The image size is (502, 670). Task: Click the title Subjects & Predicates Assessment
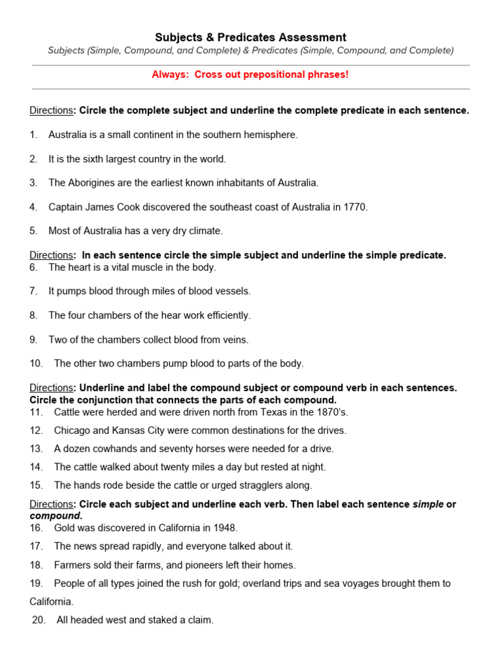[250, 37]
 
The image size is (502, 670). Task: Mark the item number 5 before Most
[33, 231]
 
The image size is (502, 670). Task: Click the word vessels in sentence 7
[235, 291]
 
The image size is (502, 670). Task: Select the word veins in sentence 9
[236, 340]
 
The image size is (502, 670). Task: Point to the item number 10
[36, 364]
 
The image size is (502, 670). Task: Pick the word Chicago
[73, 431]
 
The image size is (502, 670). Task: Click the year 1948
[224, 528]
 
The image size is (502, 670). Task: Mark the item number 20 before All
[39, 620]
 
